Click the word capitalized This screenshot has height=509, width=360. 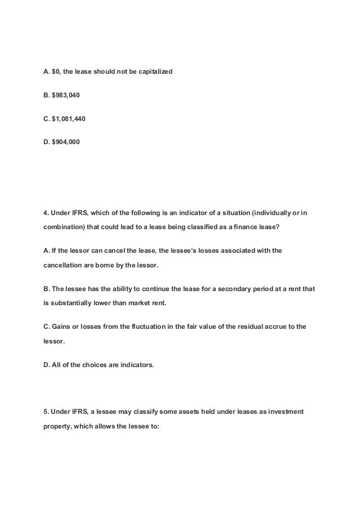pyautogui.click(x=147, y=72)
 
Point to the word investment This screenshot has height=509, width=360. pyautogui.click(x=282, y=412)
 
